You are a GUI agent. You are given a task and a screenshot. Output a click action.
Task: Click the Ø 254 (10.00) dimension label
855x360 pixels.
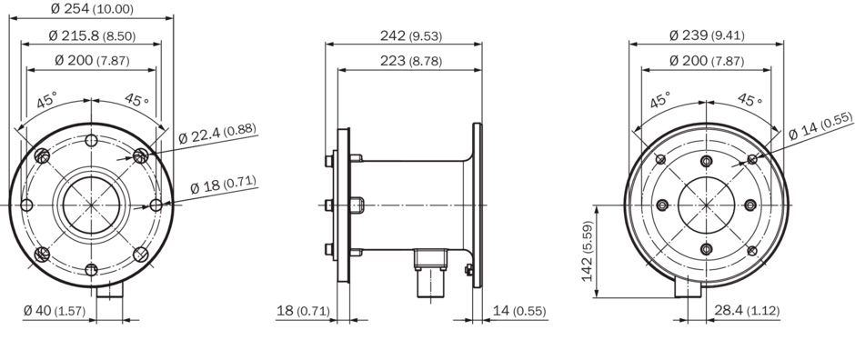[x=92, y=8]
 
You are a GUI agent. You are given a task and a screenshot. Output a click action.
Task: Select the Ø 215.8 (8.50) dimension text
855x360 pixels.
[x=92, y=36]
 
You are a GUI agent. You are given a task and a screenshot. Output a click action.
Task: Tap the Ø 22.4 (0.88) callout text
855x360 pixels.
[x=217, y=134]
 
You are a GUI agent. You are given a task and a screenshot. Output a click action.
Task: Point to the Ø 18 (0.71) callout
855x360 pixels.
[x=224, y=184]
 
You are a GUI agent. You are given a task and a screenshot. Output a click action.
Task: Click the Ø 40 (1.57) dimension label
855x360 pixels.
[x=55, y=311]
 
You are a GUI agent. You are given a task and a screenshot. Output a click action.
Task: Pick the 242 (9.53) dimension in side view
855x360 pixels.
[x=411, y=36]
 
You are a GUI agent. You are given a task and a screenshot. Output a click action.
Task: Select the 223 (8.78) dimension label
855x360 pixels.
[x=411, y=60]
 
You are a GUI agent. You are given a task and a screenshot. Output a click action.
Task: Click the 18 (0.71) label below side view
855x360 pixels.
[x=303, y=311]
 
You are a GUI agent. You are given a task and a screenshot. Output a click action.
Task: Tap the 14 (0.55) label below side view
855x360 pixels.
[x=519, y=311]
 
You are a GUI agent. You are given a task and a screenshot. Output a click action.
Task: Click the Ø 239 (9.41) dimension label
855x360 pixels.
[x=707, y=36]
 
